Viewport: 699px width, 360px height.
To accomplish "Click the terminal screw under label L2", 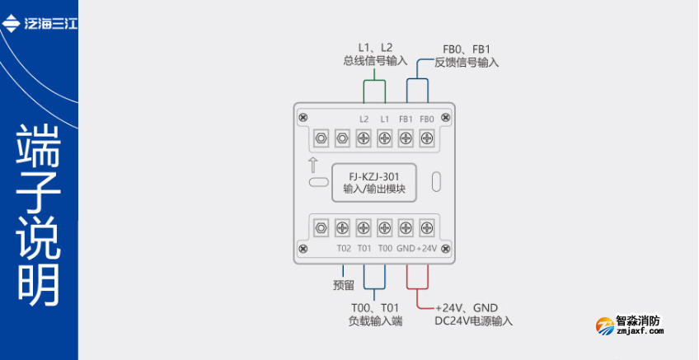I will click(x=363, y=138).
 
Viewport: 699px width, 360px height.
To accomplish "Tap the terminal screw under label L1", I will click(x=384, y=138).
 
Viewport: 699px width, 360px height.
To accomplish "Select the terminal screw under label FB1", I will click(x=406, y=138).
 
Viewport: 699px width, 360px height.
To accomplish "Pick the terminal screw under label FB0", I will click(x=427, y=138).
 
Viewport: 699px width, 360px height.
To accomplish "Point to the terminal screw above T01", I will click(x=363, y=227).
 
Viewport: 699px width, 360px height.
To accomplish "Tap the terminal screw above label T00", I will click(x=384, y=227).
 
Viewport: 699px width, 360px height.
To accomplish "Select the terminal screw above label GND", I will click(x=406, y=227).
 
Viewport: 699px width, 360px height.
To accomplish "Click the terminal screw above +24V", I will click(x=427, y=227).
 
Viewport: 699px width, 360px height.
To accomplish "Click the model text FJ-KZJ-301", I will click(x=375, y=175).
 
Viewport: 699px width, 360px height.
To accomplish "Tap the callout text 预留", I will click(x=344, y=286).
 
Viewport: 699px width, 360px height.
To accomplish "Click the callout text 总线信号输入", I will click(x=375, y=60).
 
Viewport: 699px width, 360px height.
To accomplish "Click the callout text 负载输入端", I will click(x=375, y=321).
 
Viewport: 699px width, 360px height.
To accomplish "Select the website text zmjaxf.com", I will click(x=640, y=332).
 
